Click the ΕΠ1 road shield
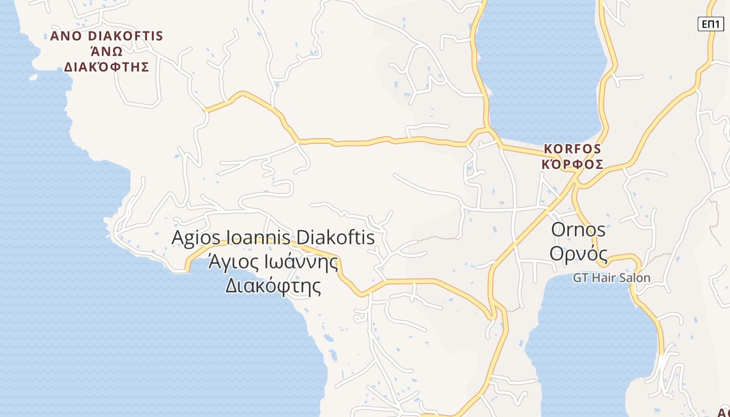[x=711, y=24]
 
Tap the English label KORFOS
[x=573, y=149]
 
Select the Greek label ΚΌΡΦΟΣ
[x=573, y=165]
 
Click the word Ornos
[x=578, y=229]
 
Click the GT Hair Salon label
[x=612, y=278]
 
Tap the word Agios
[x=192, y=238]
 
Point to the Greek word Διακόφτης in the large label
[x=273, y=286]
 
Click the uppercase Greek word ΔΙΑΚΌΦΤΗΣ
[x=106, y=67]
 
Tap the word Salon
[x=635, y=278]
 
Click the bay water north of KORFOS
[x=542, y=78]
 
